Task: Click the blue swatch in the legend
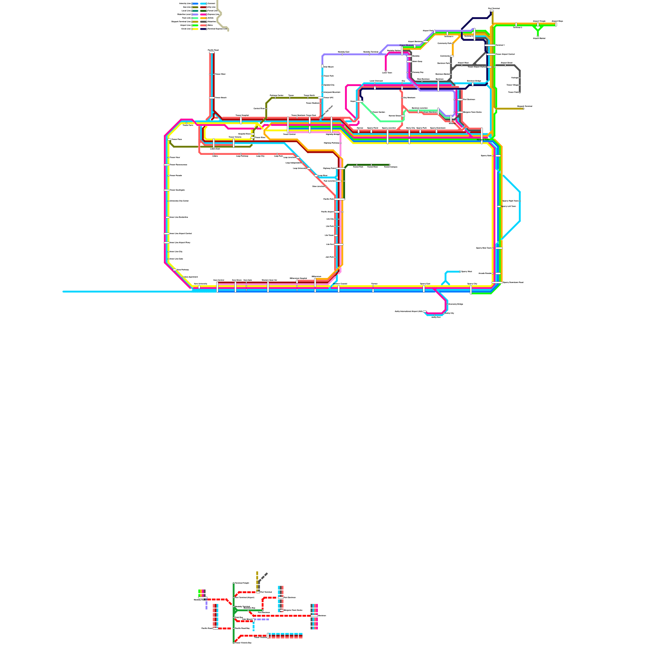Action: click(195, 4)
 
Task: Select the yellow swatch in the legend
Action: click(195, 29)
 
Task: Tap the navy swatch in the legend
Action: click(204, 29)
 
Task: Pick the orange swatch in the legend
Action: click(204, 18)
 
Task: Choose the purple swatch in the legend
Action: click(195, 14)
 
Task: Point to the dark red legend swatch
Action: click(204, 7)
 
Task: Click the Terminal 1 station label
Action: click(500, 45)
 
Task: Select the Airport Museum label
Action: click(406, 45)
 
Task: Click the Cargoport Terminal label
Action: click(524, 106)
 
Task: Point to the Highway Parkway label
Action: click(332, 143)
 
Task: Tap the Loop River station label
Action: click(323, 176)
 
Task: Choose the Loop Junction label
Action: click(289, 157)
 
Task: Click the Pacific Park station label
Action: click(329, 199)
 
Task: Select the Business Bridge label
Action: click(474, 81)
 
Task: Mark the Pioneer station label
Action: click(374, 284)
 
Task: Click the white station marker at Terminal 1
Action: click(490, 45)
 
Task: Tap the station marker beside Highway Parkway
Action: click(341, 143)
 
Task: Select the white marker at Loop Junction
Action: click(298, 157)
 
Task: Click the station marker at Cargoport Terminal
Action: click(523, 109)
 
